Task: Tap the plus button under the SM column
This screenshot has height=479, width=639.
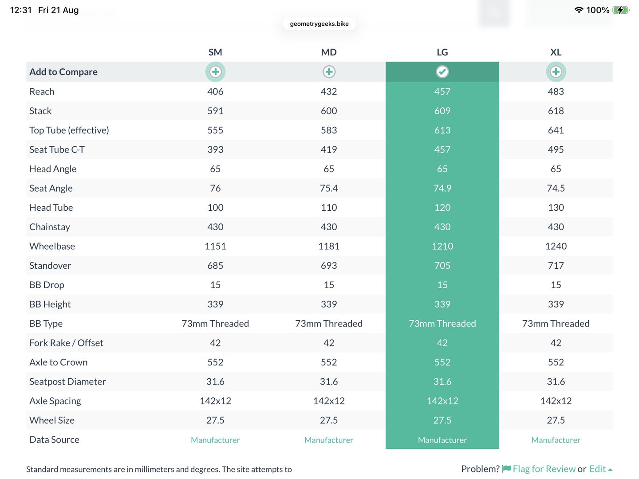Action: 215,72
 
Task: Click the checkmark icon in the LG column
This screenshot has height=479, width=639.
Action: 442,72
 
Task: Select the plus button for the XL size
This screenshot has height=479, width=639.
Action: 556,72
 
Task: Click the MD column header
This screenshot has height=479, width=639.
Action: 329,52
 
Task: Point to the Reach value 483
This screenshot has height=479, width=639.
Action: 556,92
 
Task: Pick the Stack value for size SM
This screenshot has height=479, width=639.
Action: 215,111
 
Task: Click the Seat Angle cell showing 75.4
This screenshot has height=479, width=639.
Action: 329,188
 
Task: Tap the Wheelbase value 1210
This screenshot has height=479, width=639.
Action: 442,246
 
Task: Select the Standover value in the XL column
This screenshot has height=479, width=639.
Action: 556,266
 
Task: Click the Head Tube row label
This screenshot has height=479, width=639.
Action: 51,208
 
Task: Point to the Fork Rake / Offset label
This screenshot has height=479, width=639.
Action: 66,343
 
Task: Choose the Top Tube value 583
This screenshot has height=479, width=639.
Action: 329,130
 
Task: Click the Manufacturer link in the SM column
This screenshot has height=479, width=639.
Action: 215,440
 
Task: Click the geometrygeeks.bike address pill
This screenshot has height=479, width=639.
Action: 319,24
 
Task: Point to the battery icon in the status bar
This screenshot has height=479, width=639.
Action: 621,10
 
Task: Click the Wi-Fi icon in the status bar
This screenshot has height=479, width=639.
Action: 579,10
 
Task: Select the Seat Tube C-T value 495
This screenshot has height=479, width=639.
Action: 556,149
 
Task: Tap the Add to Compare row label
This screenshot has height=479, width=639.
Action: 63,72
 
